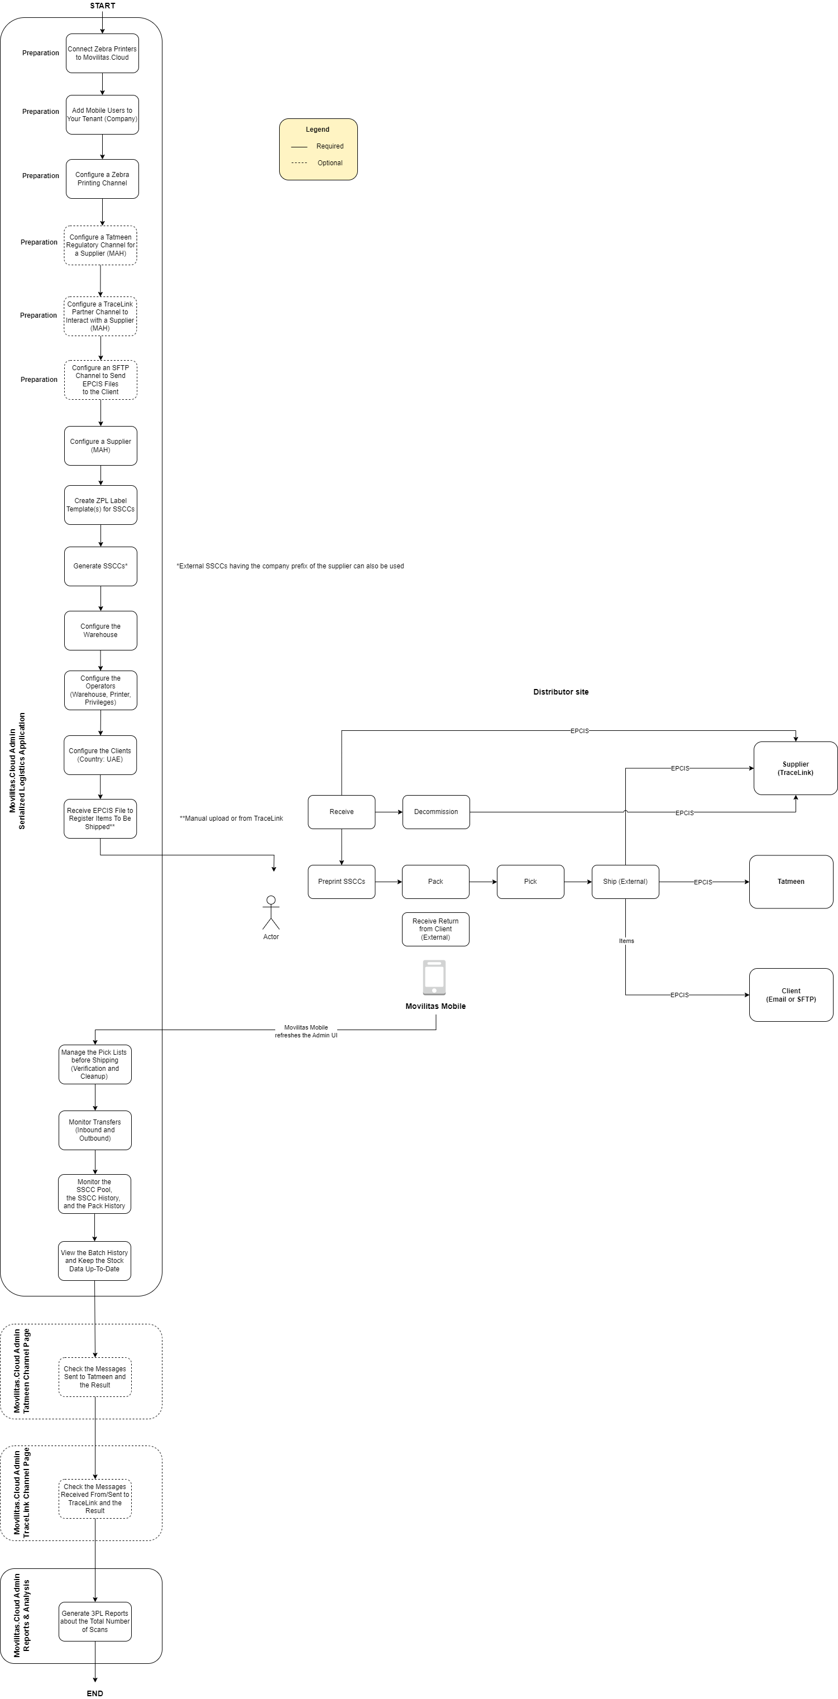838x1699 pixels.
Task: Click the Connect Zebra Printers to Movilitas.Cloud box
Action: tap(102, 54)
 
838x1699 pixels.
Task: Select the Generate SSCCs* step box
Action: tap(100, 566)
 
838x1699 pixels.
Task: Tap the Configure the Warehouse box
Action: tap(100, 630)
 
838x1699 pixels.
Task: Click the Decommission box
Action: tap(436, 812)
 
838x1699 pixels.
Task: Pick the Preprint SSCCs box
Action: tap(342, 881)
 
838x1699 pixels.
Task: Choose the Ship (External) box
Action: tap(625, 881)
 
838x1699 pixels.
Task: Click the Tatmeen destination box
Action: tap(791, 881)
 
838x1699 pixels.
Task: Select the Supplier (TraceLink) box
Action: tap(795, 768)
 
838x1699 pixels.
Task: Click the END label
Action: tap(95, 1693)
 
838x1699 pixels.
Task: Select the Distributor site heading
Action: tap(561, 692)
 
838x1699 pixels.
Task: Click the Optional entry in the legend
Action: tap(329, 163)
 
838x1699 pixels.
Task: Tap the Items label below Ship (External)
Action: tap(626, 941)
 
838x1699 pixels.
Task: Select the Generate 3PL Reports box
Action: tap(95, 1621)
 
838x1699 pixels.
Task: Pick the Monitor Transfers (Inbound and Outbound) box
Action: tap(95, 1130)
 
